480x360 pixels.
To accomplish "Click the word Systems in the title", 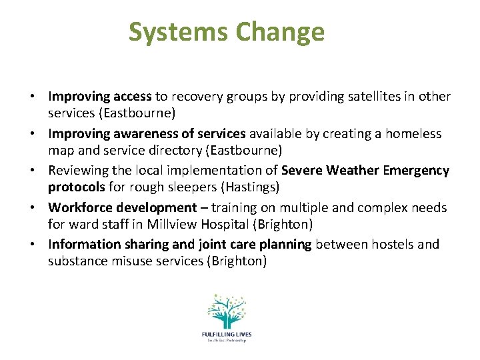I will click(x=174, y=32).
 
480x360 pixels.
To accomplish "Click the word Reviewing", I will click(x=79, y=171).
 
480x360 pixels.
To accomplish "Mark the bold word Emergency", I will click(x=417, y=171).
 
